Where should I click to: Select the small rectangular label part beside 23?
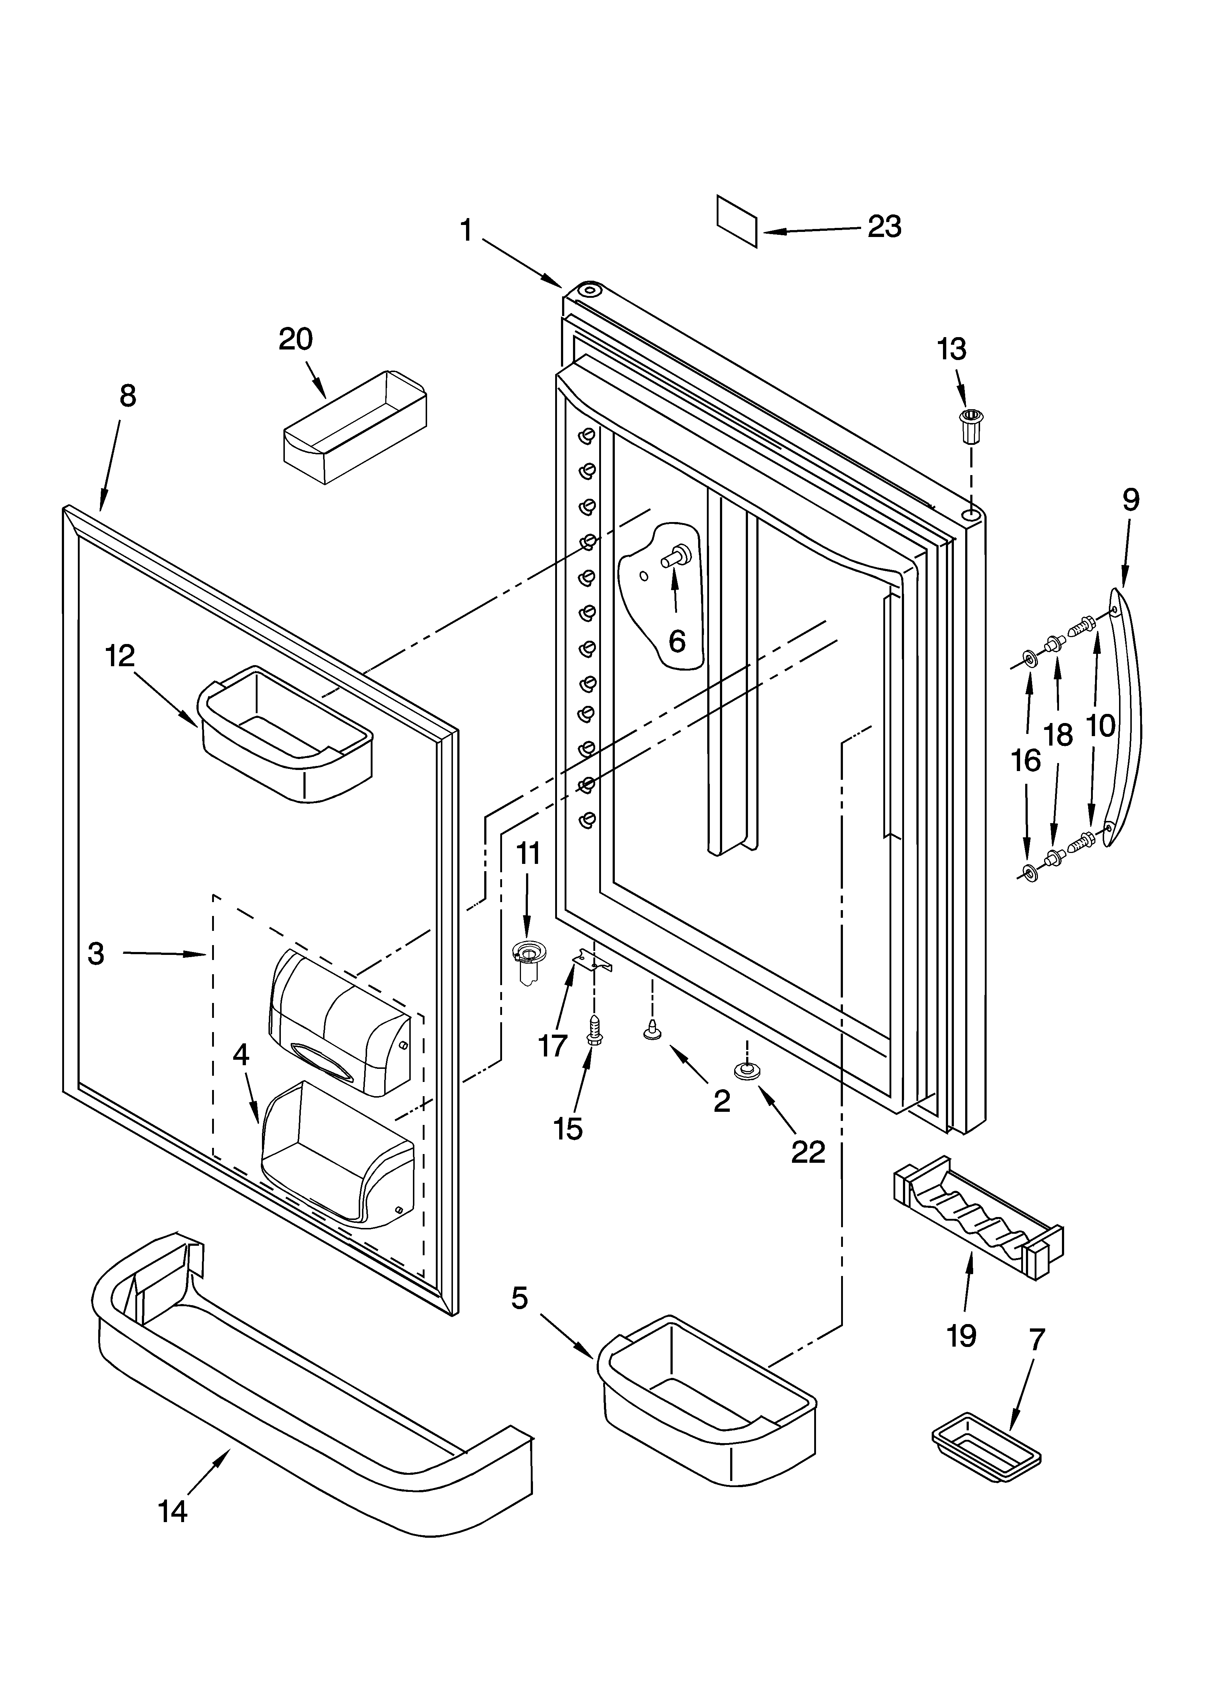[x=737, y=220]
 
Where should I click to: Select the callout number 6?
[x=677, y=641]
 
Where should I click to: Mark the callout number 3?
[x=96, y=953]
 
